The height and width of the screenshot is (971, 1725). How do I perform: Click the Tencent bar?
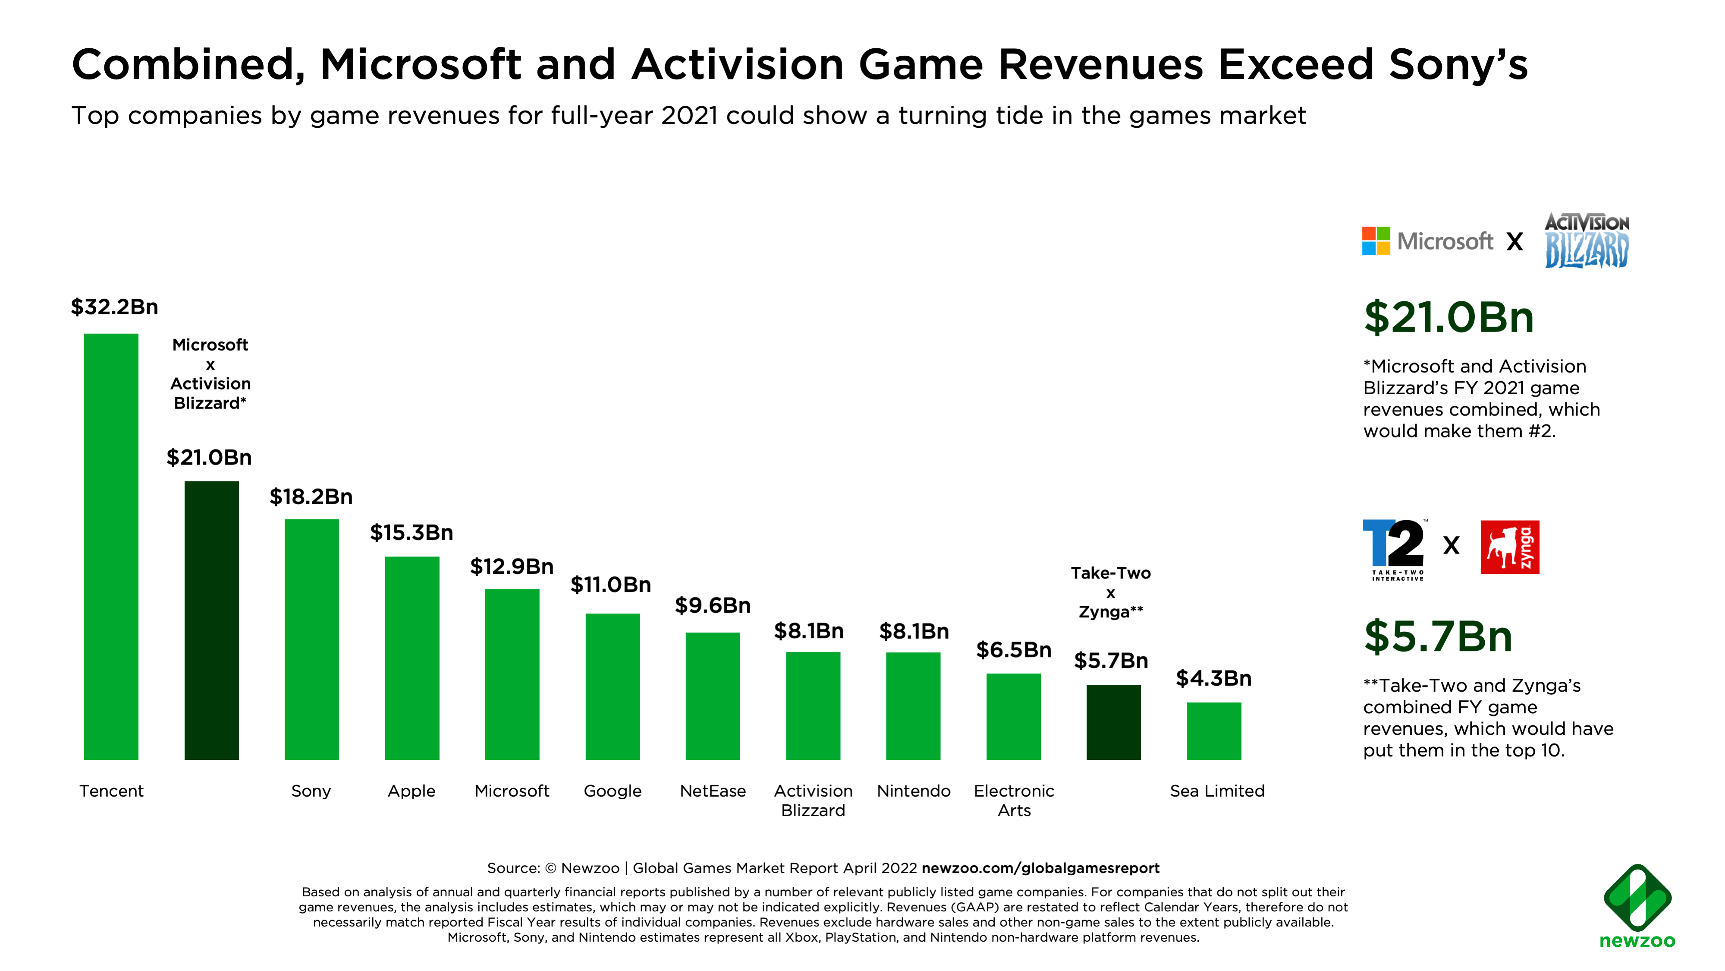click(x=111, y=546)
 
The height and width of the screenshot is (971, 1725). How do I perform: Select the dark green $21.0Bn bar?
click(x=212, y=620)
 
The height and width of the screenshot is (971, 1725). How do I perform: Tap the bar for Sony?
click(x=311, y=639)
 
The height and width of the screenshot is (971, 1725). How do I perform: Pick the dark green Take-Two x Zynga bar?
click(x=1113, y=722)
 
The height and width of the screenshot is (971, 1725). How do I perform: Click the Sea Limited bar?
click(x=1213, y=731)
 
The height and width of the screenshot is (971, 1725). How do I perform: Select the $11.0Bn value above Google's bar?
click(x=611, y=584)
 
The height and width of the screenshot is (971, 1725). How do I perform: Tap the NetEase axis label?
click(x=713, y=791)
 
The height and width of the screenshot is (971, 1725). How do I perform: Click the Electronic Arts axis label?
click(x=1014, y=800)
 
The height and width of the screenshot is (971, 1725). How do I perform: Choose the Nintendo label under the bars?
click(x=913, y=791)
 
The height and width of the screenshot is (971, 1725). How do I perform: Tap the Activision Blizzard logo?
click(x=1587, y=240)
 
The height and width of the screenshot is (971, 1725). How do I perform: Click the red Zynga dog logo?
click(x=1509, y=547)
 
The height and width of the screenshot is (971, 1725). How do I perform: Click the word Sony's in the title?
click(x=1458, y=65)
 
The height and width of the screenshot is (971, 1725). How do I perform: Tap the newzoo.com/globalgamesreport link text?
click(x=1040, y=868)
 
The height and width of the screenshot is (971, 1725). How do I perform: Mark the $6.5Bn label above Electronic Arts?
click(x=1014, y=649)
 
